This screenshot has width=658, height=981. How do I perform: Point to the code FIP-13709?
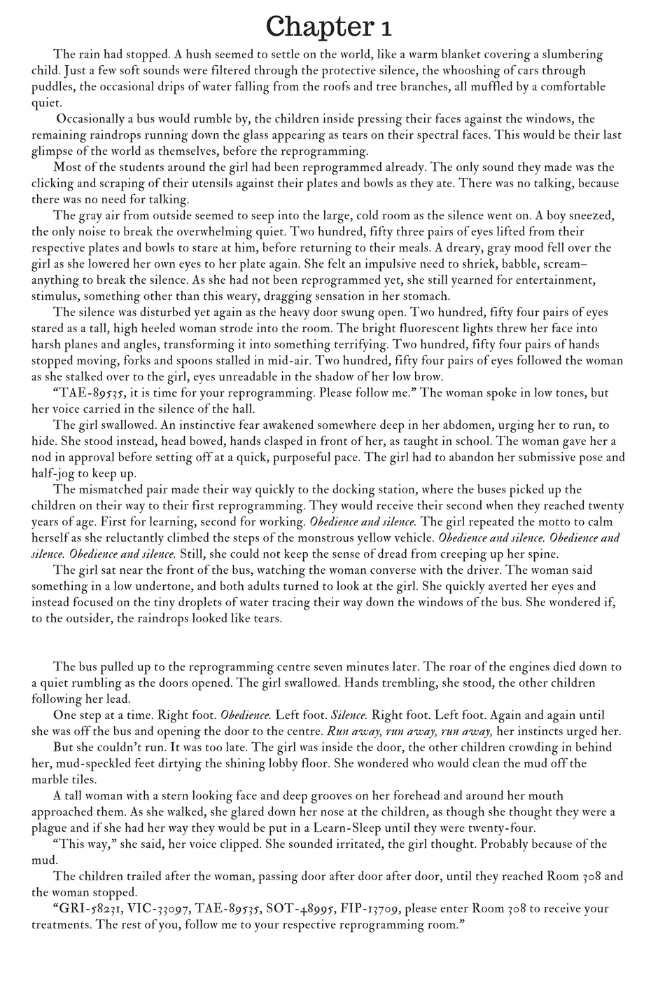369,909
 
